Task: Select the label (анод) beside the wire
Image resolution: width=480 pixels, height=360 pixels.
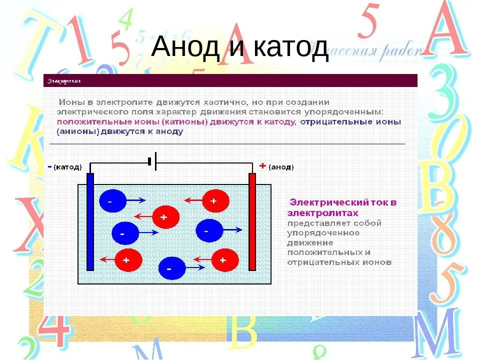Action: click(281, 167)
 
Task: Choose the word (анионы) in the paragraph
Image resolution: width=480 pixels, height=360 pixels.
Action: click(78, 132)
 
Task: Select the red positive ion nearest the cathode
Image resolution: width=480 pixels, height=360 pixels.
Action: click(128, 259)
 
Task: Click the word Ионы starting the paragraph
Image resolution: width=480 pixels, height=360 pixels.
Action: click(71, 101)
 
